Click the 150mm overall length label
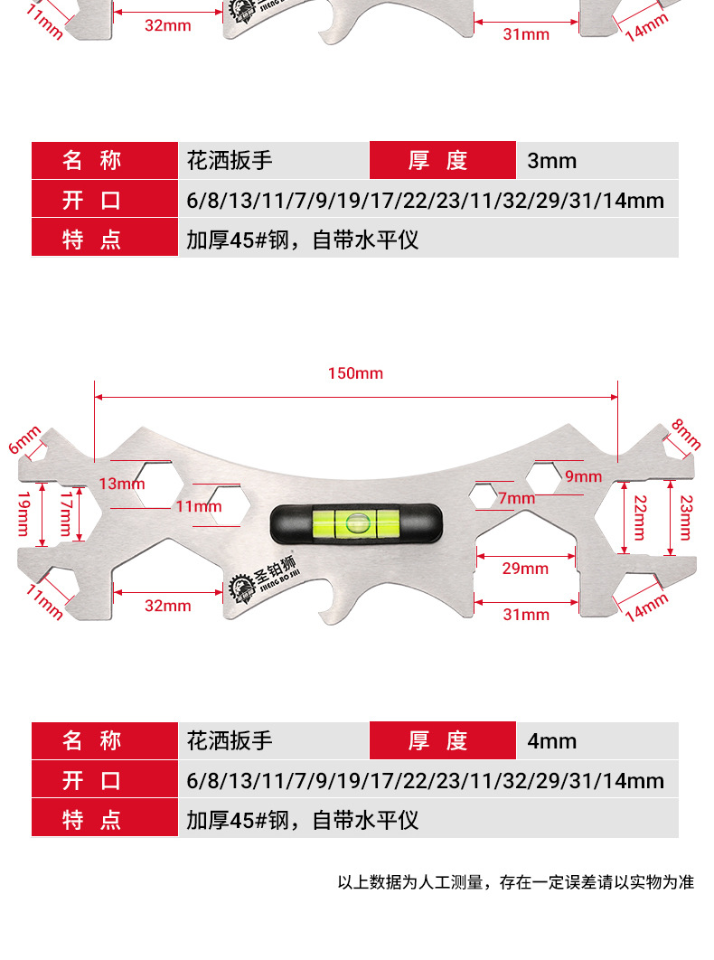355,373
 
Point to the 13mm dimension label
121,484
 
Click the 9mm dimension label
583,476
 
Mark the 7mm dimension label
516,498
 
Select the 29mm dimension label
525,569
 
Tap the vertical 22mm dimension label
640,517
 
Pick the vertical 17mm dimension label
66,513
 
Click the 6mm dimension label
24,440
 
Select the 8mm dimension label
686,434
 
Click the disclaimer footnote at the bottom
515,882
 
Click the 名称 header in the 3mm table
91,161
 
